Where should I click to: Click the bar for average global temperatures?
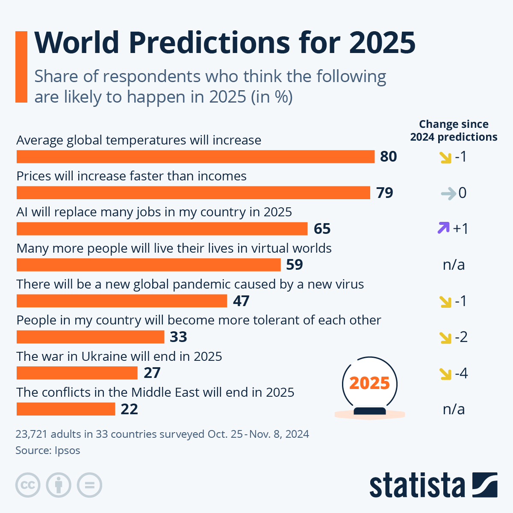point(195,156)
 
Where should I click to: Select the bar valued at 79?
point(193,193)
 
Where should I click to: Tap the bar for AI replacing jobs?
point(162,229)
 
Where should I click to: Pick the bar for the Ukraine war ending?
point(77,373)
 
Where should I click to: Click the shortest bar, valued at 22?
point(66,409)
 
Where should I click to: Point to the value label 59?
point(294,265)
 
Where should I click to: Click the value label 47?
point(241,301)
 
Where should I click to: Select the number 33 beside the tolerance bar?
point(178,337)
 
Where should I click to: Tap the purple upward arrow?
point(443,228)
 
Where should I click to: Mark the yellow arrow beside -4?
point(445,374)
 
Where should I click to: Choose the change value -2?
point(461,337)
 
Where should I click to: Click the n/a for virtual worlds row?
point(454,265)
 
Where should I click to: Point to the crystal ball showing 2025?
point(369,384)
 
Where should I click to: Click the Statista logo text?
point(417,485)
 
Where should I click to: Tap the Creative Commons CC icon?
point(28,485)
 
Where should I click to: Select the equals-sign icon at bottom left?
point(90,485)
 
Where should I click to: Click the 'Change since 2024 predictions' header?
point(454,130)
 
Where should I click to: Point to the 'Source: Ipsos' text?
point(48,450)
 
